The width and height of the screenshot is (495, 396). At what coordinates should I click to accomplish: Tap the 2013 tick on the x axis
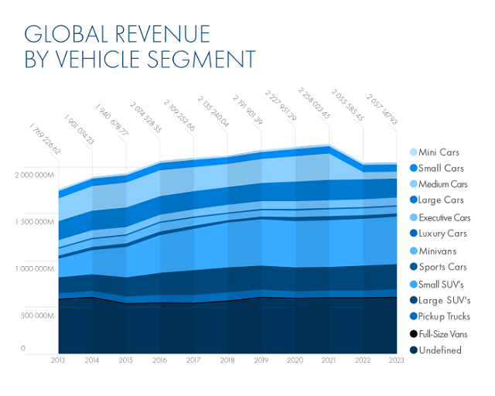tap(58, 360)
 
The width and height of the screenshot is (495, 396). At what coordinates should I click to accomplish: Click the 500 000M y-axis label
tap(34, 316)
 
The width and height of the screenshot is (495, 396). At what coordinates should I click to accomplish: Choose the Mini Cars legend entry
tap(439, 152)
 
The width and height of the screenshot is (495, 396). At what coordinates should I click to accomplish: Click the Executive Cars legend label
tap(444, 217)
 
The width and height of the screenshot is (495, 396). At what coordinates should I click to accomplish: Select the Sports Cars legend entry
tap(441, 267)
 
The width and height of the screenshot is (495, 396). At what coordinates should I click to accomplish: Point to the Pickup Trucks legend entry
tap(444, 316)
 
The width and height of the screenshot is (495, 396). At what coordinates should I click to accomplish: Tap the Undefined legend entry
tap(439, 350)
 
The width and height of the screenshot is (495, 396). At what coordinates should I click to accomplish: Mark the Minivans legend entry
tap(437, 251)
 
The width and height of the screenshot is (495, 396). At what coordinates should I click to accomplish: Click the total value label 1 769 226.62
tap(45, 138)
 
